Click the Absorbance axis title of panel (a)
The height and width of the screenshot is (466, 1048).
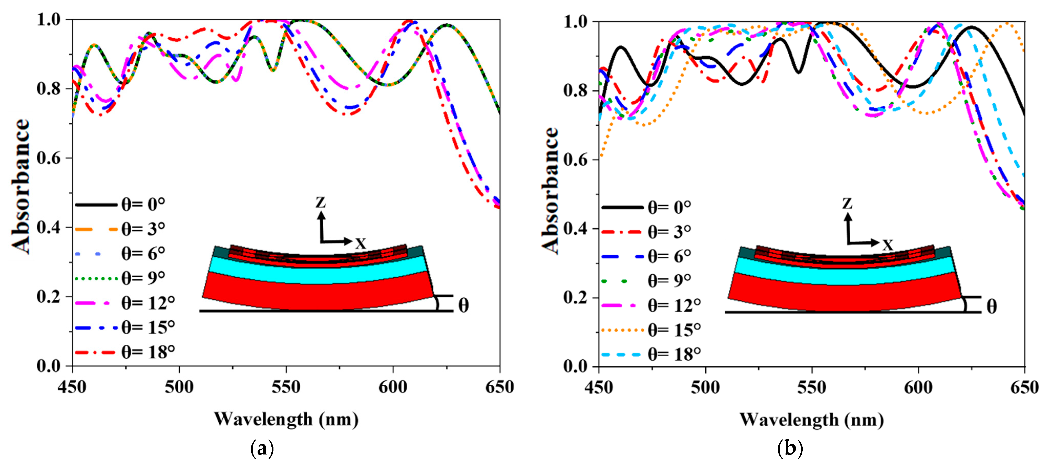pyautogui.click(x=20, y=187)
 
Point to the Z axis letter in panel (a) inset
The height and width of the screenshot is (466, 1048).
pyautogui.click(x=321, y=202)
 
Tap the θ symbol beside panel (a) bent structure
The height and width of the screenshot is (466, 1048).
pyautogui.click(x=463, y=305)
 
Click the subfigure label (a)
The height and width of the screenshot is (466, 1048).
pyautogui.click(x=262, y=449)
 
